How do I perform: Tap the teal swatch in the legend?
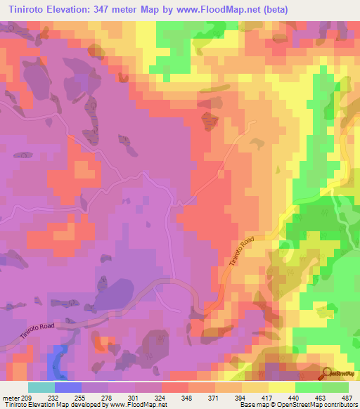click(41, 387)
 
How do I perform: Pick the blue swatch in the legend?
click(67, 387)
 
